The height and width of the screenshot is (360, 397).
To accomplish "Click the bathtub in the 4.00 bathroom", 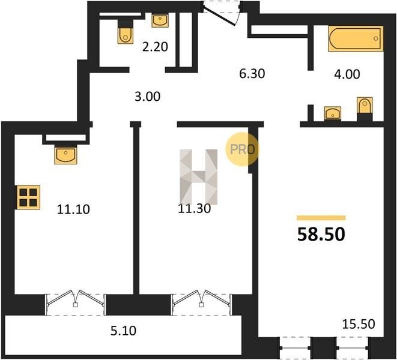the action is [x=356, y=39].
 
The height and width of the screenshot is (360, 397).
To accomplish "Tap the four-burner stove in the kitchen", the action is [x=28, y=197].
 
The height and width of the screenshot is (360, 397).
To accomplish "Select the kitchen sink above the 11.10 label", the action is [x=65, y=155].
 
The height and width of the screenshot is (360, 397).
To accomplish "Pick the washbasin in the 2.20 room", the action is [x=160, y=21].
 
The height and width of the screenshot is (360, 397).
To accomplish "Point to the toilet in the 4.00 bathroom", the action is [x=365, y=109].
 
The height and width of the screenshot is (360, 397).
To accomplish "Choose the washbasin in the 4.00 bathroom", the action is [x=333, y=113].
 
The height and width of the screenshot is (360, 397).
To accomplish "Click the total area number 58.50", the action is [x=321, y=234].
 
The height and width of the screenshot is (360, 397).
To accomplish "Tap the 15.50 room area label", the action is [x=359, y=324].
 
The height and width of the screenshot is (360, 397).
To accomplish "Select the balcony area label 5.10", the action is [x=123, y=331].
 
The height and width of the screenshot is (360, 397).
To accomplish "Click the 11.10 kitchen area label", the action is [x=73, y=209].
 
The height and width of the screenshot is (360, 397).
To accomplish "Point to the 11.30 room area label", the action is [x=195, y=208].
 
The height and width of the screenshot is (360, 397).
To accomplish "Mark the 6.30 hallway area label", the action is [x=252, y=74].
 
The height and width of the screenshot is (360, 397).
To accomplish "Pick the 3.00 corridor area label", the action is [x=147, y=97].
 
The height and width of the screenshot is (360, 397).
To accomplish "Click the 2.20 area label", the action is [x=155, y=47].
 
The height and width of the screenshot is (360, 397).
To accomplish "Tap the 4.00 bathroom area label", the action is [x=347, y=74].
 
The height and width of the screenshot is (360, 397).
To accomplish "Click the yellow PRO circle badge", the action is [x=242, y=149].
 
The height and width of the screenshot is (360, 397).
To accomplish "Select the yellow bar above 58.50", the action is [x=321, y=218].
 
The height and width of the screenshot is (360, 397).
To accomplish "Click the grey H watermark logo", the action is [x=198, y=177].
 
